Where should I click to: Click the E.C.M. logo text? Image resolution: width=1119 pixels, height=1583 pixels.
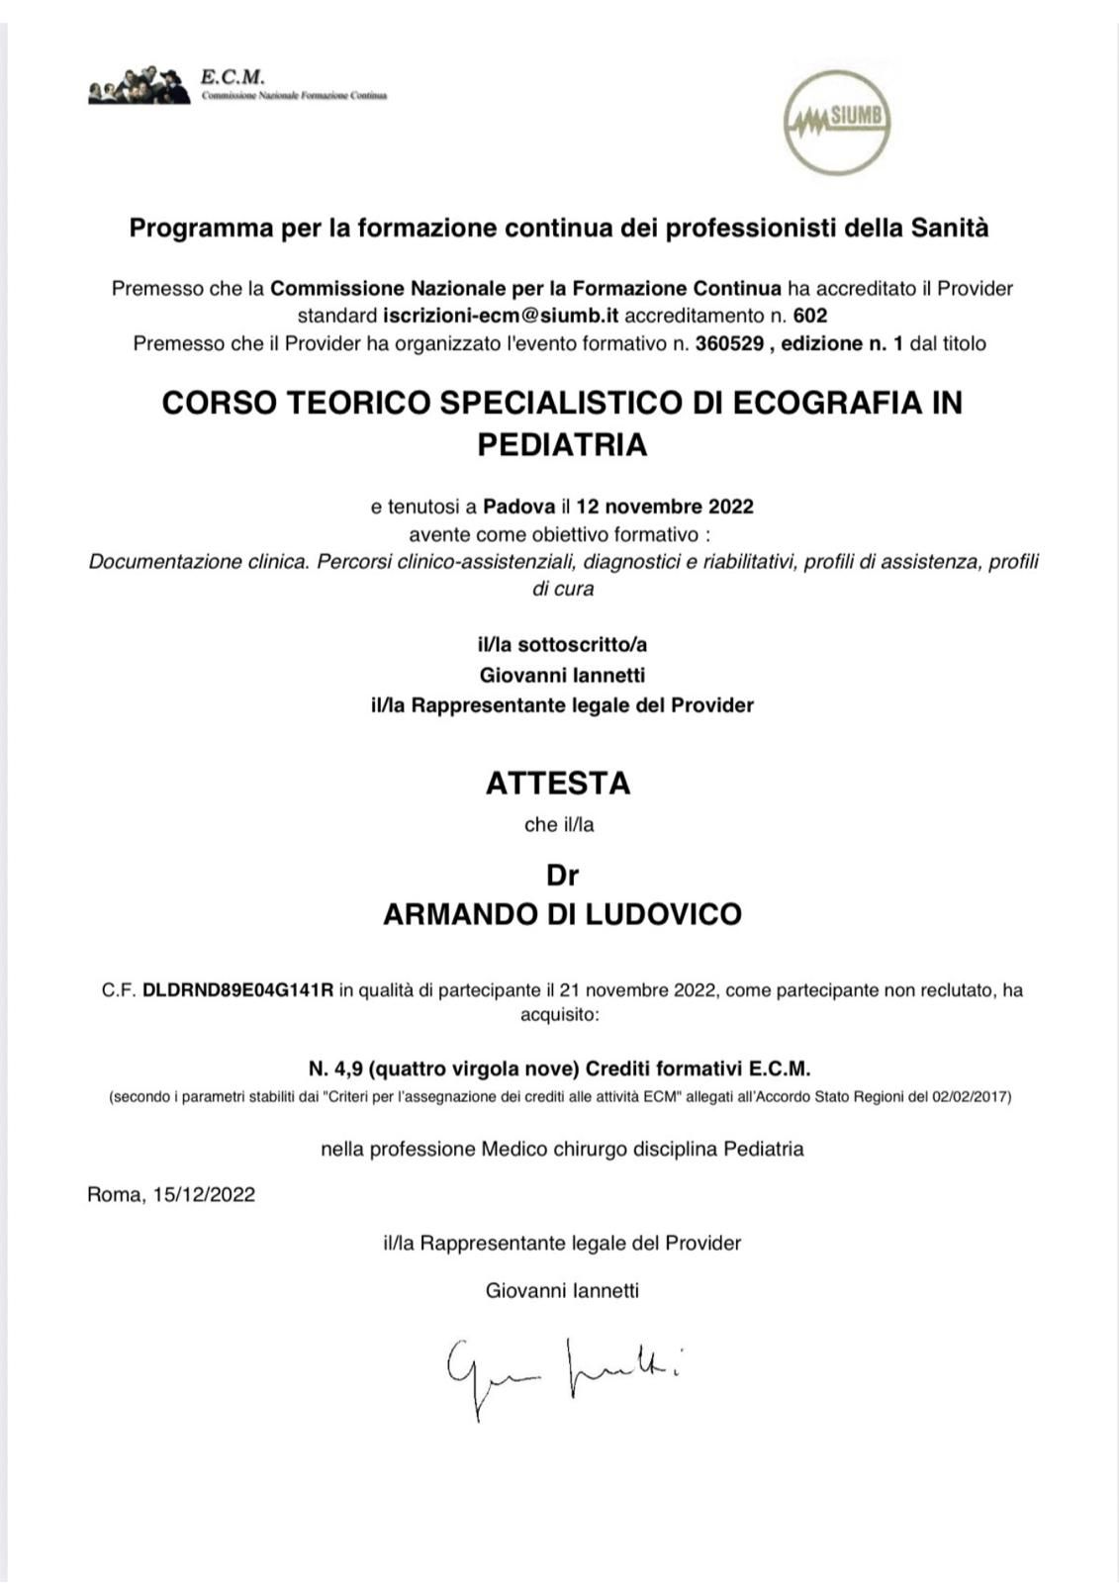[233, 76]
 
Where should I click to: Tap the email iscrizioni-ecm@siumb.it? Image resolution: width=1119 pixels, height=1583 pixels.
[501, 317]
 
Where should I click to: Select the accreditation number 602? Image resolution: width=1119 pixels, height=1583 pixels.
[809, 317]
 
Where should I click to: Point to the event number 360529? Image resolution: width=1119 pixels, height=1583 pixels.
[729, 344]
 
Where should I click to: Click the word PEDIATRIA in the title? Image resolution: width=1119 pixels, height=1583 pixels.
[562, 445]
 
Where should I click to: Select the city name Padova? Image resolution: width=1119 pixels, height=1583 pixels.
[518, 507]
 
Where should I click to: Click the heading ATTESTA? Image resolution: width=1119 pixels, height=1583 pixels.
[558, 784]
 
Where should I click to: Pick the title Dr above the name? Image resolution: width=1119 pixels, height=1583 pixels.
[562, 876]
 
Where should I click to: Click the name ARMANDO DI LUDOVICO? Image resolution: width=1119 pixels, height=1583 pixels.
[562, 914]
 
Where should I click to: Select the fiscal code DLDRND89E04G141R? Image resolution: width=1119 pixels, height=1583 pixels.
[238, 990]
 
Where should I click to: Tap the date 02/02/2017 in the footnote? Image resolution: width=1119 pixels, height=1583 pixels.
[971, 1097]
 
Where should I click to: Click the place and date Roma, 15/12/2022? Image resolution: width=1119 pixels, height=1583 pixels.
[171, 1195]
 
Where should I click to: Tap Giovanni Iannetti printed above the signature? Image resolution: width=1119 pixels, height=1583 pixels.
[562, 1291]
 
